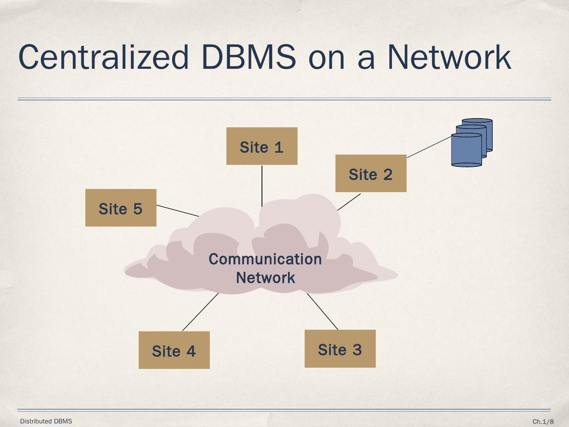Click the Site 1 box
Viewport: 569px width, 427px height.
tap(262, 146)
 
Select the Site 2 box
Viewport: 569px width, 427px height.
tap(371, 173)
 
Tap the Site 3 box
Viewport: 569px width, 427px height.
tap(340, 349)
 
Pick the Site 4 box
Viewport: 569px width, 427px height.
tap(174, 350)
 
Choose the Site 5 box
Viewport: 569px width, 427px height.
tap(121, 208)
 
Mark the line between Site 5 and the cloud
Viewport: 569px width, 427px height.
tap(177, 211)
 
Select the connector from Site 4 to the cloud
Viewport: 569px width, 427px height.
tap(200, 312)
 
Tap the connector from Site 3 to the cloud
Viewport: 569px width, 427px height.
tap(322, 311)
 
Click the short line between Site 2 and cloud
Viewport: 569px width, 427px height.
tap(349, 202)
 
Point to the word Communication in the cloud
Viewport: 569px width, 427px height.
tap(265, 259)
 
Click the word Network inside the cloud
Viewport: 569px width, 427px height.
tap(265, 278)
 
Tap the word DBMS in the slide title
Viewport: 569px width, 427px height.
tap(248, 57)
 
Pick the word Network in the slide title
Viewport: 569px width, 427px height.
tap(449, 57)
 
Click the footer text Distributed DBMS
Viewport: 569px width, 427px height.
tap(46, 421)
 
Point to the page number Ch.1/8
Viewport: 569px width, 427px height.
tap(543, 421)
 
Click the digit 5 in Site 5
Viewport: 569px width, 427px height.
tap(138, 208)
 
